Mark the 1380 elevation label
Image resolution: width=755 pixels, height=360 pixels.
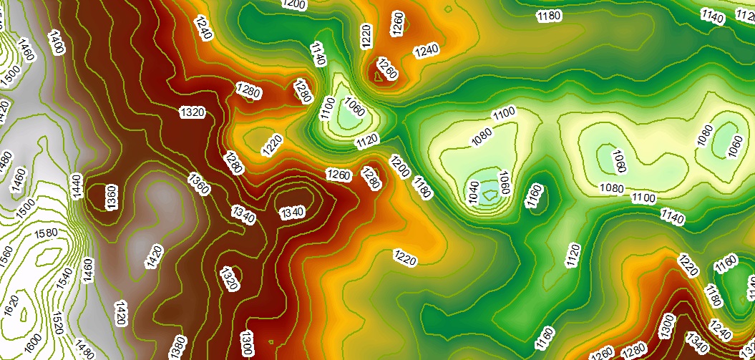176,346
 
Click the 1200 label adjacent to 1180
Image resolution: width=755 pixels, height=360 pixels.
400,166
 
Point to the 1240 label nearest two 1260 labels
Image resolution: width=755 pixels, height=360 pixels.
427,50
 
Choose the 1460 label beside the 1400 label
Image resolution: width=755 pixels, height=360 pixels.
28,48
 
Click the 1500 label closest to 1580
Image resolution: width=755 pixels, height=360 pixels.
26,207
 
